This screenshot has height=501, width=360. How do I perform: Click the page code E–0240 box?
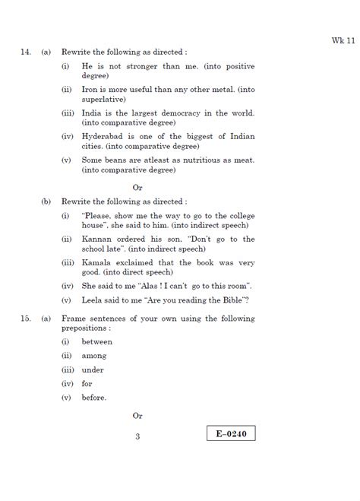(231, 434)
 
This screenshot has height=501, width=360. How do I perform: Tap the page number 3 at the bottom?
(137, 436)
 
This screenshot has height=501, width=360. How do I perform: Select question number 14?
(25, 52)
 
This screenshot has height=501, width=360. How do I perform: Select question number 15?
(25, 319)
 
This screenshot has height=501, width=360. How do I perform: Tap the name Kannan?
(99, 239)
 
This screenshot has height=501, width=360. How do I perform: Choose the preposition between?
(96, 342)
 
